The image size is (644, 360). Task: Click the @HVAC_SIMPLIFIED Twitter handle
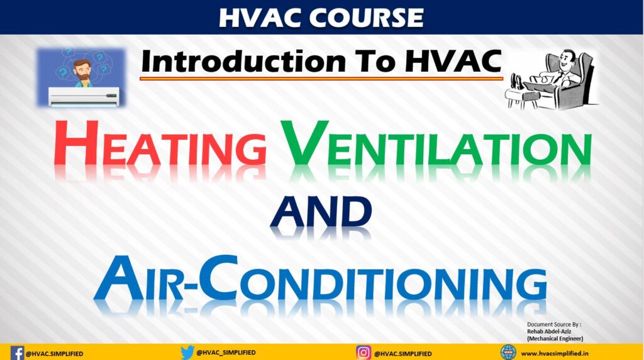point(226,352)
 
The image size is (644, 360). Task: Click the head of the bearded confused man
point(81,68)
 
